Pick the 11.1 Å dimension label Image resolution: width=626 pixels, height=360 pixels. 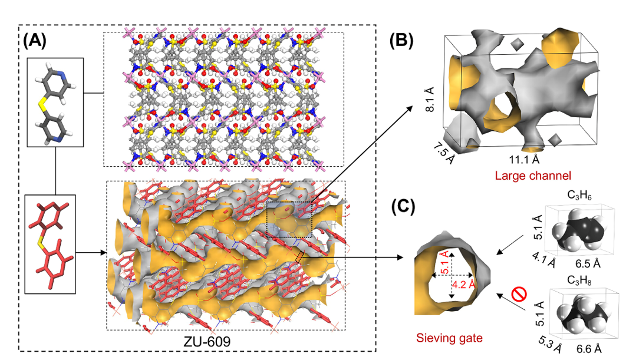pyautogui.click(x=524, y=159)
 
